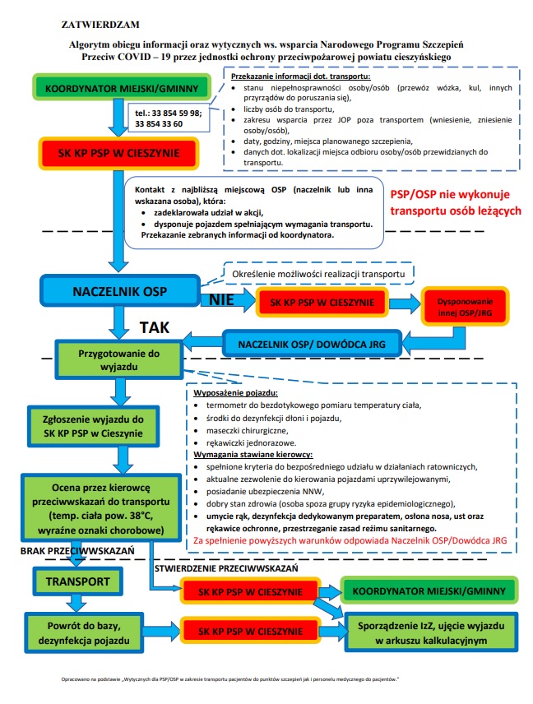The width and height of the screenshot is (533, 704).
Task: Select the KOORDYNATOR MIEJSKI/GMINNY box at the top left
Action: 118,87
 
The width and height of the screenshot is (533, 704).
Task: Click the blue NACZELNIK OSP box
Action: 118,292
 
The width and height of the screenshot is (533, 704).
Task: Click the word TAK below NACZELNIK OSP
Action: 155,327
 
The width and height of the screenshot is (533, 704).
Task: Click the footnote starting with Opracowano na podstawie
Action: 230,680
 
